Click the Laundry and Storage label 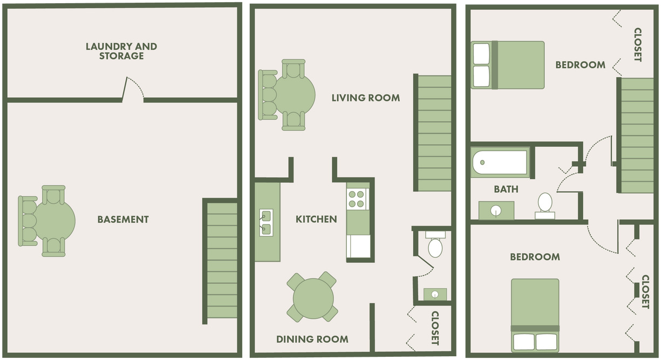121,51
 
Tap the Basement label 123,220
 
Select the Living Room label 365,98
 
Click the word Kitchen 316,219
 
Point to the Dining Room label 312,339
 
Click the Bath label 506,189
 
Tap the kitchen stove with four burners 356,199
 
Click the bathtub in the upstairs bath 500,162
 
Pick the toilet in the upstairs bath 545,205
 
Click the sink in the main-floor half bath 435,294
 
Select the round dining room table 313,297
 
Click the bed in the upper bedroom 508,65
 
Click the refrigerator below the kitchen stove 358,246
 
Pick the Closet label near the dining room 435,328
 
